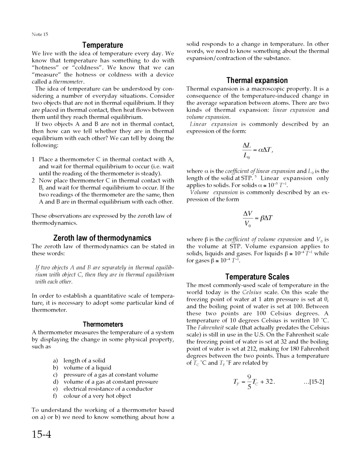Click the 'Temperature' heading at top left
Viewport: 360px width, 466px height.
(103, 45)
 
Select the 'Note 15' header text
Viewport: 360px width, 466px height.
(40, 34)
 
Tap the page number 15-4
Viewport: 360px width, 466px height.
(42, 434)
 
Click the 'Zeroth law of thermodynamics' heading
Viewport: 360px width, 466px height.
(102, 238)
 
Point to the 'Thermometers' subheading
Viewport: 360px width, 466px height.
(103, 324)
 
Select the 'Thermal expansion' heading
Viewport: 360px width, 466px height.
(257, 80)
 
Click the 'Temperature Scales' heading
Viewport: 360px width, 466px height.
(257, 277)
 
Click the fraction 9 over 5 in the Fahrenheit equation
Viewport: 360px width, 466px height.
(249, 382)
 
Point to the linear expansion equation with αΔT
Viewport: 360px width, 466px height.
(258, 150)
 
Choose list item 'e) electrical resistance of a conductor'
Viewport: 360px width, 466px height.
(103, 389)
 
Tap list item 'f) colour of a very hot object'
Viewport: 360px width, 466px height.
(92, 396)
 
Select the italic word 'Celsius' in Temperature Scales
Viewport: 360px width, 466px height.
(252, 292)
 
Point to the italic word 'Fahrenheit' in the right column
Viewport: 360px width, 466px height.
(211, 328)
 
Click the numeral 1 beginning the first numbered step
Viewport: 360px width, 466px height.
(33, 159)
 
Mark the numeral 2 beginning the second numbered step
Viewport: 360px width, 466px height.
(33, 180)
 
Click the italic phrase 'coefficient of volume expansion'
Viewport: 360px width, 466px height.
(263, 239)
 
